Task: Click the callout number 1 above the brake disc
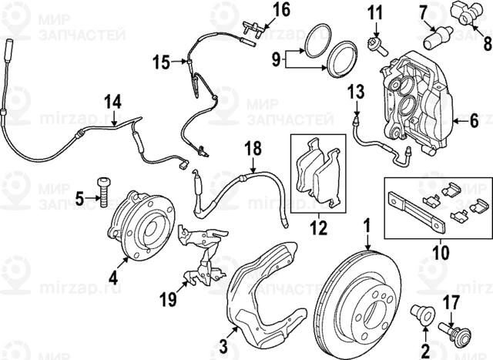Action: point(367,226)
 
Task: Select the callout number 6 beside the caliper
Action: point(475,120)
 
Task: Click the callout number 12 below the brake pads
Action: point(317,228)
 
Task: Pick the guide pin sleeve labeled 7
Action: point(438,35)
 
